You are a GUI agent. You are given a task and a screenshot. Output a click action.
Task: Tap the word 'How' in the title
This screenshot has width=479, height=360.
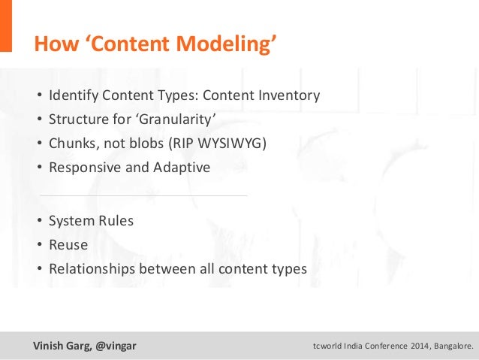pos(52,44)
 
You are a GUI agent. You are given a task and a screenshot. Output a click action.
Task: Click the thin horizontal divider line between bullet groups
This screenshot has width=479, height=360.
pos(143,196)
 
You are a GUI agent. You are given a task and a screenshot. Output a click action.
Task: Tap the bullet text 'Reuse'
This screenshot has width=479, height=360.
pos(68,245)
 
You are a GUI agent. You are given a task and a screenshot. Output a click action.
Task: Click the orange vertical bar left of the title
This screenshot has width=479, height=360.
pos(6,26)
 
